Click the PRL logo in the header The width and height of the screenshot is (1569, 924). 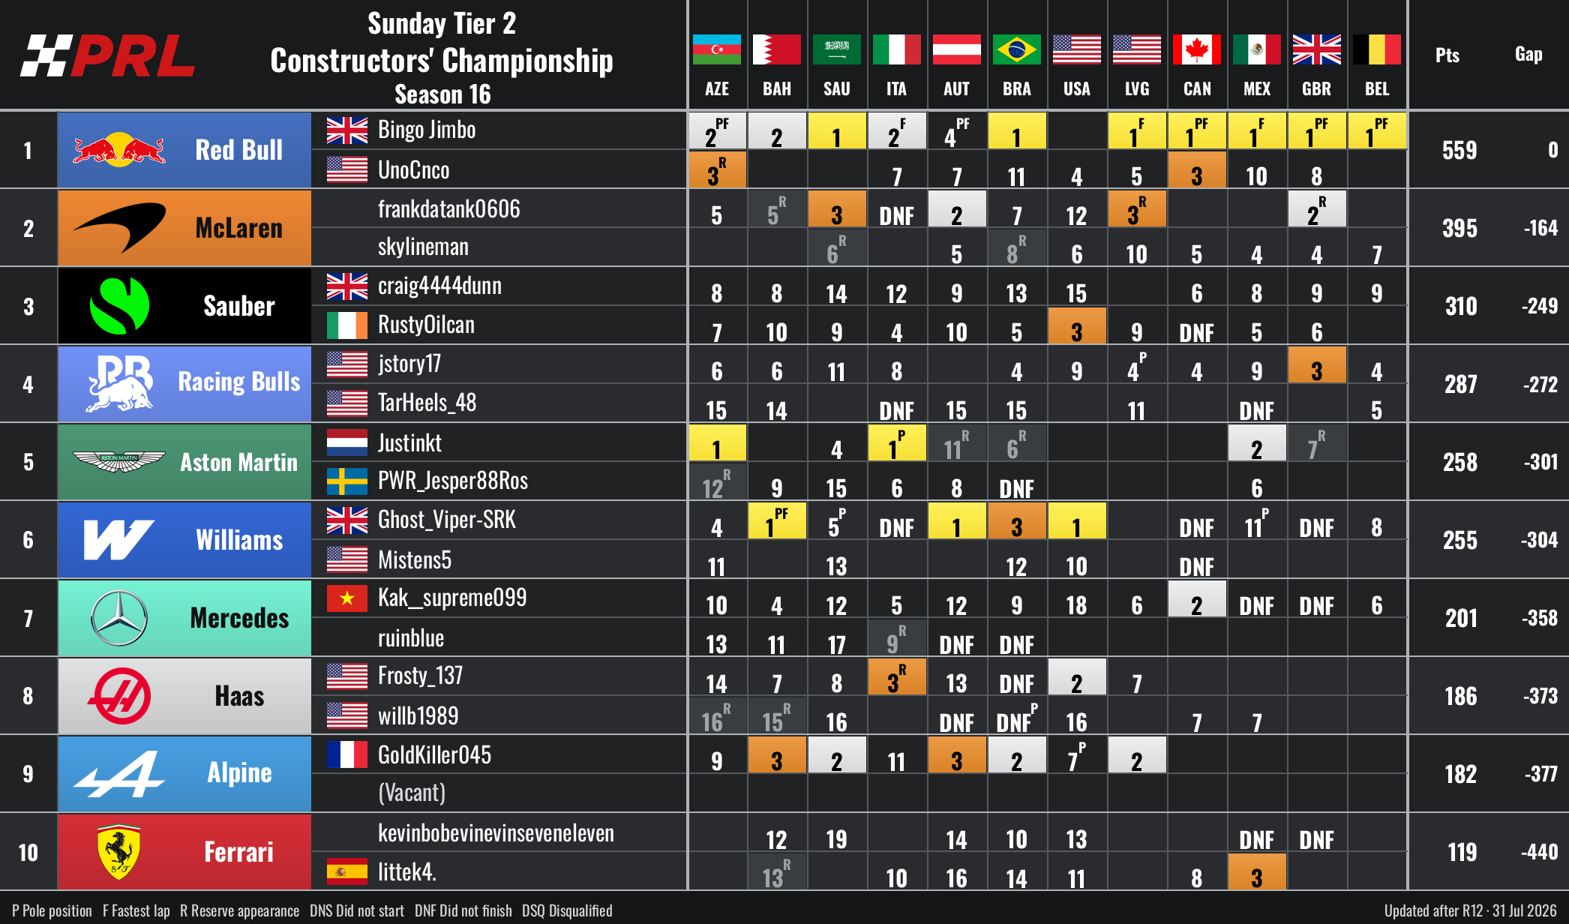point(108,55)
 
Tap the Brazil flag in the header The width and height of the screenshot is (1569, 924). point(1016,49)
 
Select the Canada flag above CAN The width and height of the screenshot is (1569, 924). point(1196,49)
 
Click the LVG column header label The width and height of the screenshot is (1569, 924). point(1137,89)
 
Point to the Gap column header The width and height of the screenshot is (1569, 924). point(1528,54)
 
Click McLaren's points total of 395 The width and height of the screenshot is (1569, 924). point(1459,228)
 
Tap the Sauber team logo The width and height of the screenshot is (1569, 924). point(119,306)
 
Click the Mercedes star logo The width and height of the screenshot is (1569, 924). point(119,618)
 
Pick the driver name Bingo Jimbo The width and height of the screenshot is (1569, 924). point(427,130)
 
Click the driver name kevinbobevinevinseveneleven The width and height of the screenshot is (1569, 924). point(496,832)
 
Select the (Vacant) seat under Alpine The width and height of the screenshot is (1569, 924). point(412,793)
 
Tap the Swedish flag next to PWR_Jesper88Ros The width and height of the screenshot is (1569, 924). point(347,481)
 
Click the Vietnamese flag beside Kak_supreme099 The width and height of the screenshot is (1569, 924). point(347,598)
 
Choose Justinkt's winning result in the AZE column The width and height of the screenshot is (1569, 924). point(717,442)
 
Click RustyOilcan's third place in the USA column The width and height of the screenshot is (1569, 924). point(1076,325)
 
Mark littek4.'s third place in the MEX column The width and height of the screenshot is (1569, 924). point(1256,871)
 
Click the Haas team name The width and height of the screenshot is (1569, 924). point(239,696)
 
